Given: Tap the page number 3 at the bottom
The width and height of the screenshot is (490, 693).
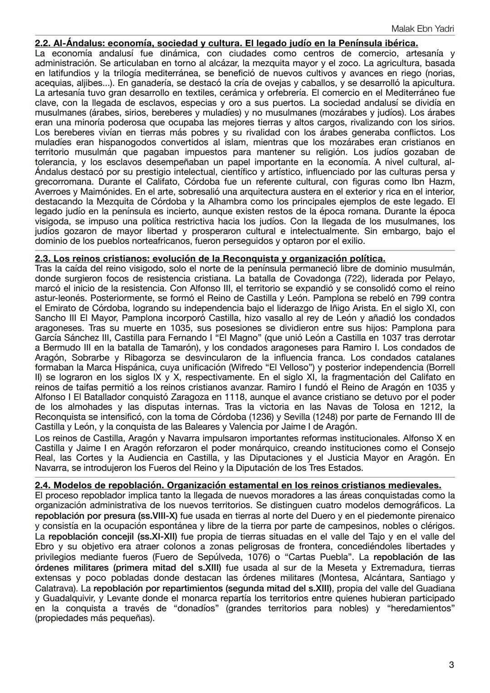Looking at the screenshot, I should pos(451,665).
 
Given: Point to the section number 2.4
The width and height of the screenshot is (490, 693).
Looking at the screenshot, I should pos(43,485).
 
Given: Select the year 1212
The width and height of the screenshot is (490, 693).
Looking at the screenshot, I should pos(421,407).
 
